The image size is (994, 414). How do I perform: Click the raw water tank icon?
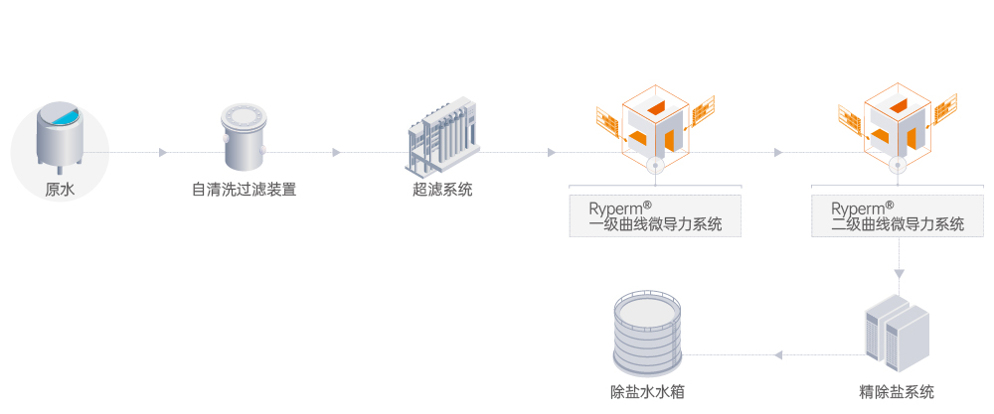click(60, 137)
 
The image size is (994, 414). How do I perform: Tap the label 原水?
click(60, 190)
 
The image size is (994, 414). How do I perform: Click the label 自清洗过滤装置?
click(244, 190)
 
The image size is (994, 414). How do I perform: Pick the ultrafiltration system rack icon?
click(441, 134)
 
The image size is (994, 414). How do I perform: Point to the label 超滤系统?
click(442, 190)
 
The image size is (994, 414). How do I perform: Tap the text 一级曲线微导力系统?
click(656, 224)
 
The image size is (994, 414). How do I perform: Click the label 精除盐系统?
click(897, 391)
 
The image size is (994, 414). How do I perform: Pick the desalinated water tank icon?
click(647, 330)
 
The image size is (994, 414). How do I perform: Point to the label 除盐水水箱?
click(647, 391)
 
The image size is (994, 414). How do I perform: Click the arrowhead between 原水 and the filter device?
click(162, 153)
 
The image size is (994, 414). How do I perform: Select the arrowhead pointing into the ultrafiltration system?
click(336, 153)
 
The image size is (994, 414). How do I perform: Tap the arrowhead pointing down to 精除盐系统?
click(899, 270)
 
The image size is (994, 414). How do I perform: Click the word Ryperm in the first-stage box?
click(613, 209)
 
